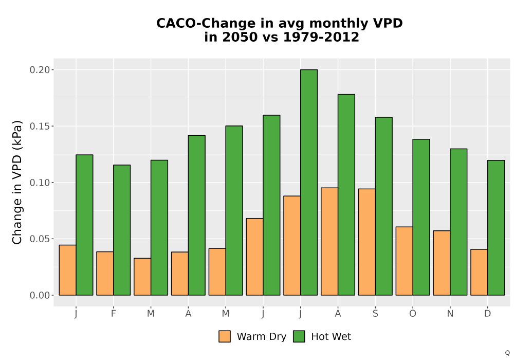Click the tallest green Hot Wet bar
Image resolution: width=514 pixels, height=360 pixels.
click(x=309, y=182)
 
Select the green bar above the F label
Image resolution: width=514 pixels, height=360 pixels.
click(x=122, y=230)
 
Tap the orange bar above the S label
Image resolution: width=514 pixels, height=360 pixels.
click(x=367, y=242)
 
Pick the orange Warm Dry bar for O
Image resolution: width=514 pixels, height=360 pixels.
click(x=404, y=261)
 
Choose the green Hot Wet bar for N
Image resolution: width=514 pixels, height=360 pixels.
click(x=458, y=222)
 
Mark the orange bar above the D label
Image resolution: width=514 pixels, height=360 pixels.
click(x=479, y=272)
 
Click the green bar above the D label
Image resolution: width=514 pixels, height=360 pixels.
click(x=496, y=227)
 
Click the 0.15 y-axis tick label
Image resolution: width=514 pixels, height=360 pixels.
click(x=40, y=126)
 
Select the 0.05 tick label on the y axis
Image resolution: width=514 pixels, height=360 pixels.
click(x=40, y=239)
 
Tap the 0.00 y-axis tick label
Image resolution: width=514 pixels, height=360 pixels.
click(x=40, y=295)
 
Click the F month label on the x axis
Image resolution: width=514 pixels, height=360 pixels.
click(x=114, y=313)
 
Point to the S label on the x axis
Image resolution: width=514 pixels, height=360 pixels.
click(x=375, y=313)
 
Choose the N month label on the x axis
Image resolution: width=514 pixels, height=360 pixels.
click(x=450, y=313)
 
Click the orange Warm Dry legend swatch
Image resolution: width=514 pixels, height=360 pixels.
click(x=225, y=336)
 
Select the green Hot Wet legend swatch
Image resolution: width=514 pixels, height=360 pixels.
click(x=299, y=336)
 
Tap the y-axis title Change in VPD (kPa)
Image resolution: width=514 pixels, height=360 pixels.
click(x=17, y=182)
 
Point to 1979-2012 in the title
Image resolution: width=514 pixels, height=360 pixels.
click(x=321, y=37)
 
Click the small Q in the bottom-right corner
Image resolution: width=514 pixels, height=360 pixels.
click(x=507, y=353)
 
